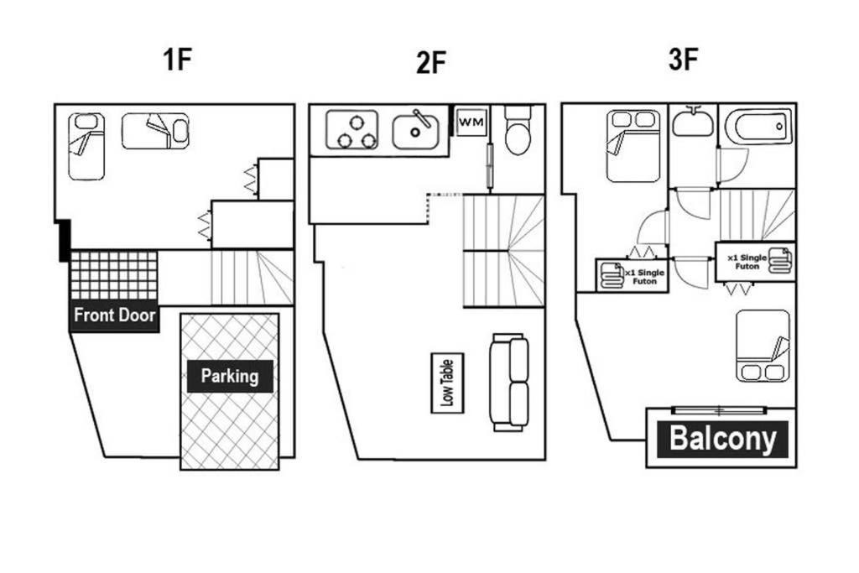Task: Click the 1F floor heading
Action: [x=178, y=60]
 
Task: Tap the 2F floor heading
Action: [x=431, y=62]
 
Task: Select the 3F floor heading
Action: [x=683, y=60]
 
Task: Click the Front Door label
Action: [x=114, y=315]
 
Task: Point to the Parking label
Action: [x=230, y=376]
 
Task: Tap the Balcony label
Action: [x=722, y=439]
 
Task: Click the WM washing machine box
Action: [x=471, y=122]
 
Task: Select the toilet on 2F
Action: [x=518, y=130]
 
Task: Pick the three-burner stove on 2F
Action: [x=352, y=130]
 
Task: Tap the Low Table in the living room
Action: [x=448, y=383]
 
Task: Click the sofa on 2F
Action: [x=509, y=383]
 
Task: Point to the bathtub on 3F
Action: [x=758, y=127]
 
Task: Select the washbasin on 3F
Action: [x=693, y=121]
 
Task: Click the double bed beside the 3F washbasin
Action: [x=633, y=146]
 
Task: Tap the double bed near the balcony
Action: [x=763, y=346]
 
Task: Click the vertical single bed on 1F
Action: [x=86, y=147]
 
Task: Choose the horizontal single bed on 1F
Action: [x=155, y=131]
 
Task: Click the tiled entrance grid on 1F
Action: [x=114, y=275]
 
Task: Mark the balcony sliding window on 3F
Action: [x=719, y=410]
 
